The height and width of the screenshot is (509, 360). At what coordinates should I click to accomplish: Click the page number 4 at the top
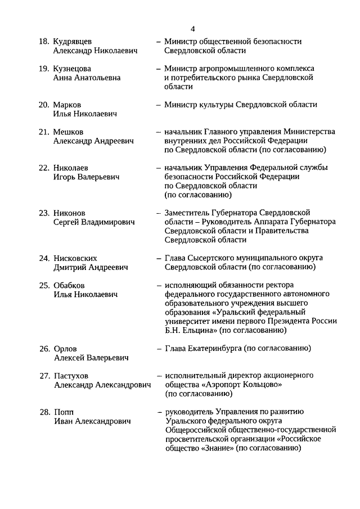192,29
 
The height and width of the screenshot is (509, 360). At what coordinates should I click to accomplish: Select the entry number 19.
43,69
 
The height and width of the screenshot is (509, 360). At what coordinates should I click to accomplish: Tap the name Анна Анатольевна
87,78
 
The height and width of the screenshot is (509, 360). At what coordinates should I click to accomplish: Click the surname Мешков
69,132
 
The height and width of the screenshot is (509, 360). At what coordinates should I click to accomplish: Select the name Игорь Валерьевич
87,177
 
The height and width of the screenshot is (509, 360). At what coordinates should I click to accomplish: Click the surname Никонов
70,213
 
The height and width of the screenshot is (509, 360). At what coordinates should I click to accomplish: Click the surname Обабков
70,285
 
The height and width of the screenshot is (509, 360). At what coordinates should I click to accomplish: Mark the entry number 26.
44,348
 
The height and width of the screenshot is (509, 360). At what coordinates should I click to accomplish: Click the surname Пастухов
71,375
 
